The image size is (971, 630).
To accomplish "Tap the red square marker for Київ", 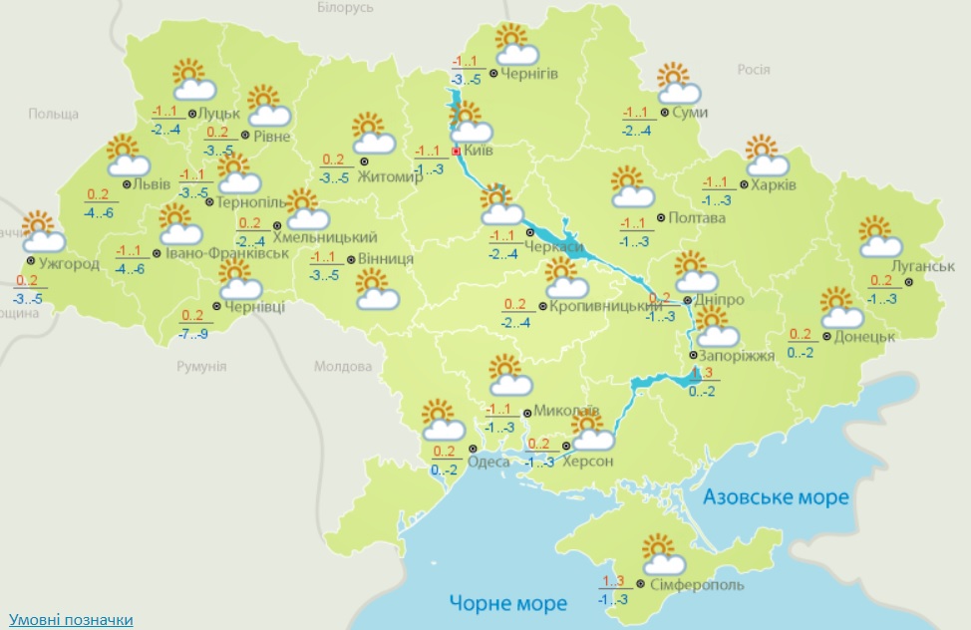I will [x=457, y=152].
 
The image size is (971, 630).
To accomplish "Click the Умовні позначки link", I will [x=70, y=620].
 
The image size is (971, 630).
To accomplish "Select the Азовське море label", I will [x=776, y=496].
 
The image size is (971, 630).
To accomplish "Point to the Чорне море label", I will [x=507, y=603].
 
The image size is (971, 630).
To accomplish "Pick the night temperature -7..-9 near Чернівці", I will [x=194, y=333].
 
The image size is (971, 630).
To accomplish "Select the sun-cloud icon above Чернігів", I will [x=515, y=45].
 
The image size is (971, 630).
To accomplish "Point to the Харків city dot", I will [x=745, y=185].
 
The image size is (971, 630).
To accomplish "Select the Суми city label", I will [x=690, y=113].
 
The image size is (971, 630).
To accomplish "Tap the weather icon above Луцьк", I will [x=188, y=79].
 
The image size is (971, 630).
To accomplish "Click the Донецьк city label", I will [x=865, y=336].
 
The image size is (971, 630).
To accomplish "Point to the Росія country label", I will [x=753, y=70].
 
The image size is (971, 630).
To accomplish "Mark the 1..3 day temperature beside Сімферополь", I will [x=612, y=582].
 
